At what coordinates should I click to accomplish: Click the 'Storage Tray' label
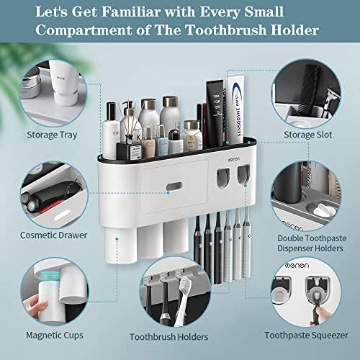coord(52,135)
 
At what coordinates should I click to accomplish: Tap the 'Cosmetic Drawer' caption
coord(53,235)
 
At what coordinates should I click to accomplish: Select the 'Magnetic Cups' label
coord(55,336)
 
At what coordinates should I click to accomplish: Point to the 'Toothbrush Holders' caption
coord(168,337)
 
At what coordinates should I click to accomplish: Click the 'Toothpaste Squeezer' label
coord(306,336)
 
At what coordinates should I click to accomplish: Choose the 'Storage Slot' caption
coord(308,135)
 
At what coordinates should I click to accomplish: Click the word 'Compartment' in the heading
coord(84,30)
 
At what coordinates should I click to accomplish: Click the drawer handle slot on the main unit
coord(174,186)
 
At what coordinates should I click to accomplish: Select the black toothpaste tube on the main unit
coord(215,113)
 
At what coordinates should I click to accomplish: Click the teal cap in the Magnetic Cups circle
coord(50,276)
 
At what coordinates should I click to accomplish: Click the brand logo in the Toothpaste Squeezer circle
coord(297,266)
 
